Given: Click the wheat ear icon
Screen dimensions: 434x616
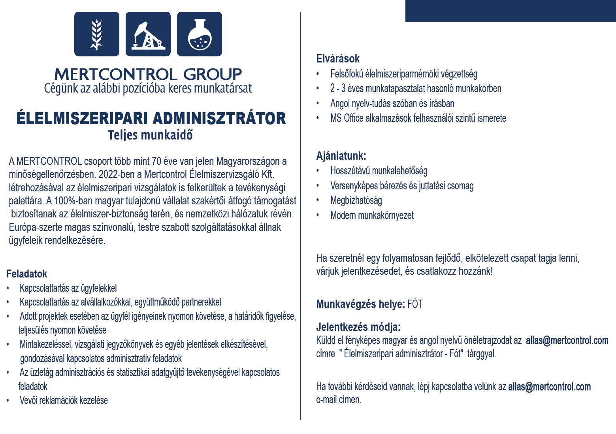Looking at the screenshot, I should pyautogui.click(x=96, y=34).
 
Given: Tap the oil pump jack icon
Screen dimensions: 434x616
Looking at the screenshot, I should pyautogui.click(x=148, y=34).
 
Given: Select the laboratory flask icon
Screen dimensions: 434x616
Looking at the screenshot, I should pyautogui.click(x=199, y=34).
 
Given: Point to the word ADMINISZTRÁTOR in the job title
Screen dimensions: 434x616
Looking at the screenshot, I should pyautogui.click(x=219, y=119).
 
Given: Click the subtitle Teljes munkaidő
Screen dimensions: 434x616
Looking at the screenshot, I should pyautogui.click(x=150, y=135).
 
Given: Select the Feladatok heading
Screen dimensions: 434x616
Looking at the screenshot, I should pyautogui.click(x=26, y=274).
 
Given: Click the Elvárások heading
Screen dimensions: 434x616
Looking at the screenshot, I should pyautogui.click(x=338, y=58).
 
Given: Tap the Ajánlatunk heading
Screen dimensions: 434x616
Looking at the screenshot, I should pyautogui.click(x=341, y=156).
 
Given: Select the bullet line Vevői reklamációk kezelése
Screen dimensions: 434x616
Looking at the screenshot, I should pyautogui.click(x=64, y=400).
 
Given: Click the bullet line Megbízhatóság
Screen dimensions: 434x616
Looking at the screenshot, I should pyautogui.click(x=356, y=200).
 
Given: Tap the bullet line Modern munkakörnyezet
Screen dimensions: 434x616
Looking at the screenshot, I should pyautogui.click(x=372, y=215).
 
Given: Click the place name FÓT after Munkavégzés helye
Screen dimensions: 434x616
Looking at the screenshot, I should pyautogui.click(x=415, y=304).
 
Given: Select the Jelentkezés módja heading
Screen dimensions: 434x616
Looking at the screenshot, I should pyautogui.click(x=358, y=327).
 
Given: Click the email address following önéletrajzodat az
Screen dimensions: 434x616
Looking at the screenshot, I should pyautogui.click(x=567, y=340).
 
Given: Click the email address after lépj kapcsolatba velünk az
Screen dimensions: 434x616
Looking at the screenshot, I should pyautogui.click(x=549, y=386).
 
